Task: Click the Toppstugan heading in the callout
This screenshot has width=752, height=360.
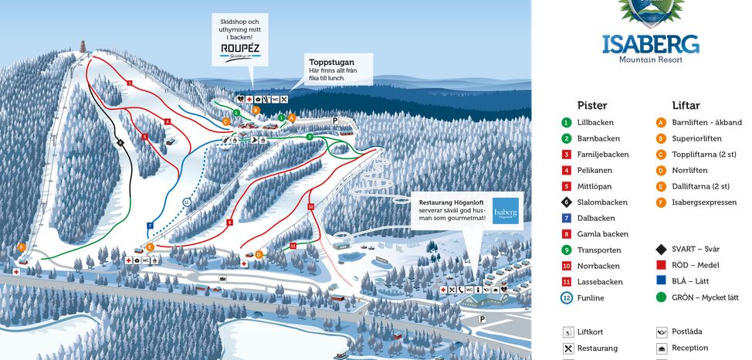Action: tap(330, 63)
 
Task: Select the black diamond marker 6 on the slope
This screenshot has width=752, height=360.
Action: tap(120, 142)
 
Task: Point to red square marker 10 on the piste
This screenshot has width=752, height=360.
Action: tap(310, 207)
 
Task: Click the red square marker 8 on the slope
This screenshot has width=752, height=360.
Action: tap(229, 222)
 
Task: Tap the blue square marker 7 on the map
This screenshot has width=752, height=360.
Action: tap(150, 226)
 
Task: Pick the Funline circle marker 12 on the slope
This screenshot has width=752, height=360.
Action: tap(187, 202)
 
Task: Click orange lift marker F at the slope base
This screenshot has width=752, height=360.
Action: tap(22, 247)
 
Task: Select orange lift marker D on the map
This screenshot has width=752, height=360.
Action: tap(259, 253)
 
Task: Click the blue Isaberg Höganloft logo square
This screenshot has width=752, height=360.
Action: tap(506, 212)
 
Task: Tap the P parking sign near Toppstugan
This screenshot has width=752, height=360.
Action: tap(335, 121)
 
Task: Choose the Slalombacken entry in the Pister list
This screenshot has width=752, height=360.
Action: tap(602, 202)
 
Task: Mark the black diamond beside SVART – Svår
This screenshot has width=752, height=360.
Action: tap(661, 250)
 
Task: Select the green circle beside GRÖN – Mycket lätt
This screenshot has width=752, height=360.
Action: tap(661, 297)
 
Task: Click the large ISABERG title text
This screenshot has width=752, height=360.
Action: tap(651, 43)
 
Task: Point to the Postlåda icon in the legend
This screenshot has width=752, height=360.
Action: tap(661, 332)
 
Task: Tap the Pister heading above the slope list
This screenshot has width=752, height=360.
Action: tap(592, 105)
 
